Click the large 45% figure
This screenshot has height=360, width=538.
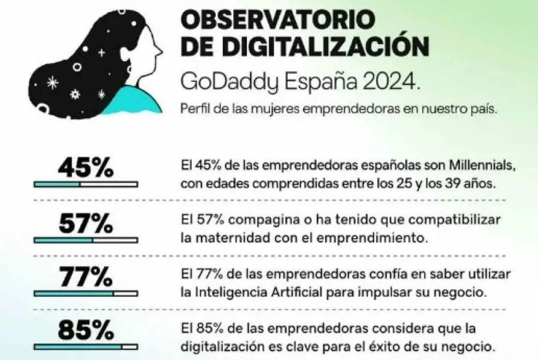click(85, 168)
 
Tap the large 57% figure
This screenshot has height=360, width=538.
click(85, 224)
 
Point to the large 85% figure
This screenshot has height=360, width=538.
click(85, 331)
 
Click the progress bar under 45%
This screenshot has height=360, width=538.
click(85, 184)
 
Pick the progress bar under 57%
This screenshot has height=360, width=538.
click(85, 240)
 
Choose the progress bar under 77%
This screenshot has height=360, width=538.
click(85, 294)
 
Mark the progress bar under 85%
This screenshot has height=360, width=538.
click(85, 346)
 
